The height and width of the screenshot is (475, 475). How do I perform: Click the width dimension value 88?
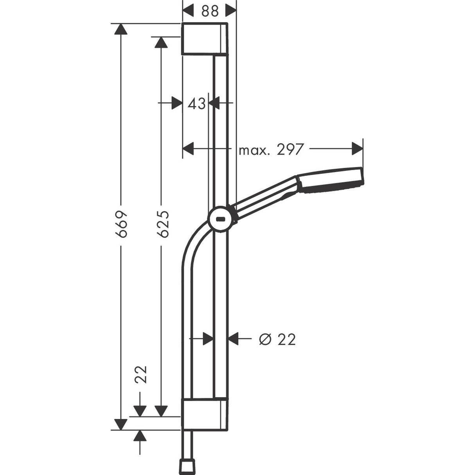[210, 11]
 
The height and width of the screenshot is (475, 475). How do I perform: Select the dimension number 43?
[196, 104]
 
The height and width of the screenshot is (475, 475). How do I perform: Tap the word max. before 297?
[254, 149]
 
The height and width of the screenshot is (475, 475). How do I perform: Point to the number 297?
[290, 149]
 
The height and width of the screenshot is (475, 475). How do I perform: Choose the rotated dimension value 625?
[163, 224]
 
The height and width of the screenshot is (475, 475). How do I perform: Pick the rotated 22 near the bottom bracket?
[140, 374]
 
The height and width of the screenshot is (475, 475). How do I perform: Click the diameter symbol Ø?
[265, 339]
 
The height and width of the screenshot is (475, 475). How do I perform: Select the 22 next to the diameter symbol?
[286, 339]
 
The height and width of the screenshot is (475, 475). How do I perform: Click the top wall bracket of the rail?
[204, 39]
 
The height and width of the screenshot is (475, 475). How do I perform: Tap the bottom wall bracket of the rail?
[204, 415]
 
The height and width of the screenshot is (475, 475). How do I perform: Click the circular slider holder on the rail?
[221, 219]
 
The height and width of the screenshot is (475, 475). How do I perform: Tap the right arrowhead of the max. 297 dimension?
[357, 149]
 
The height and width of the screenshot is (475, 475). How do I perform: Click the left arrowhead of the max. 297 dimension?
[189, 149]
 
